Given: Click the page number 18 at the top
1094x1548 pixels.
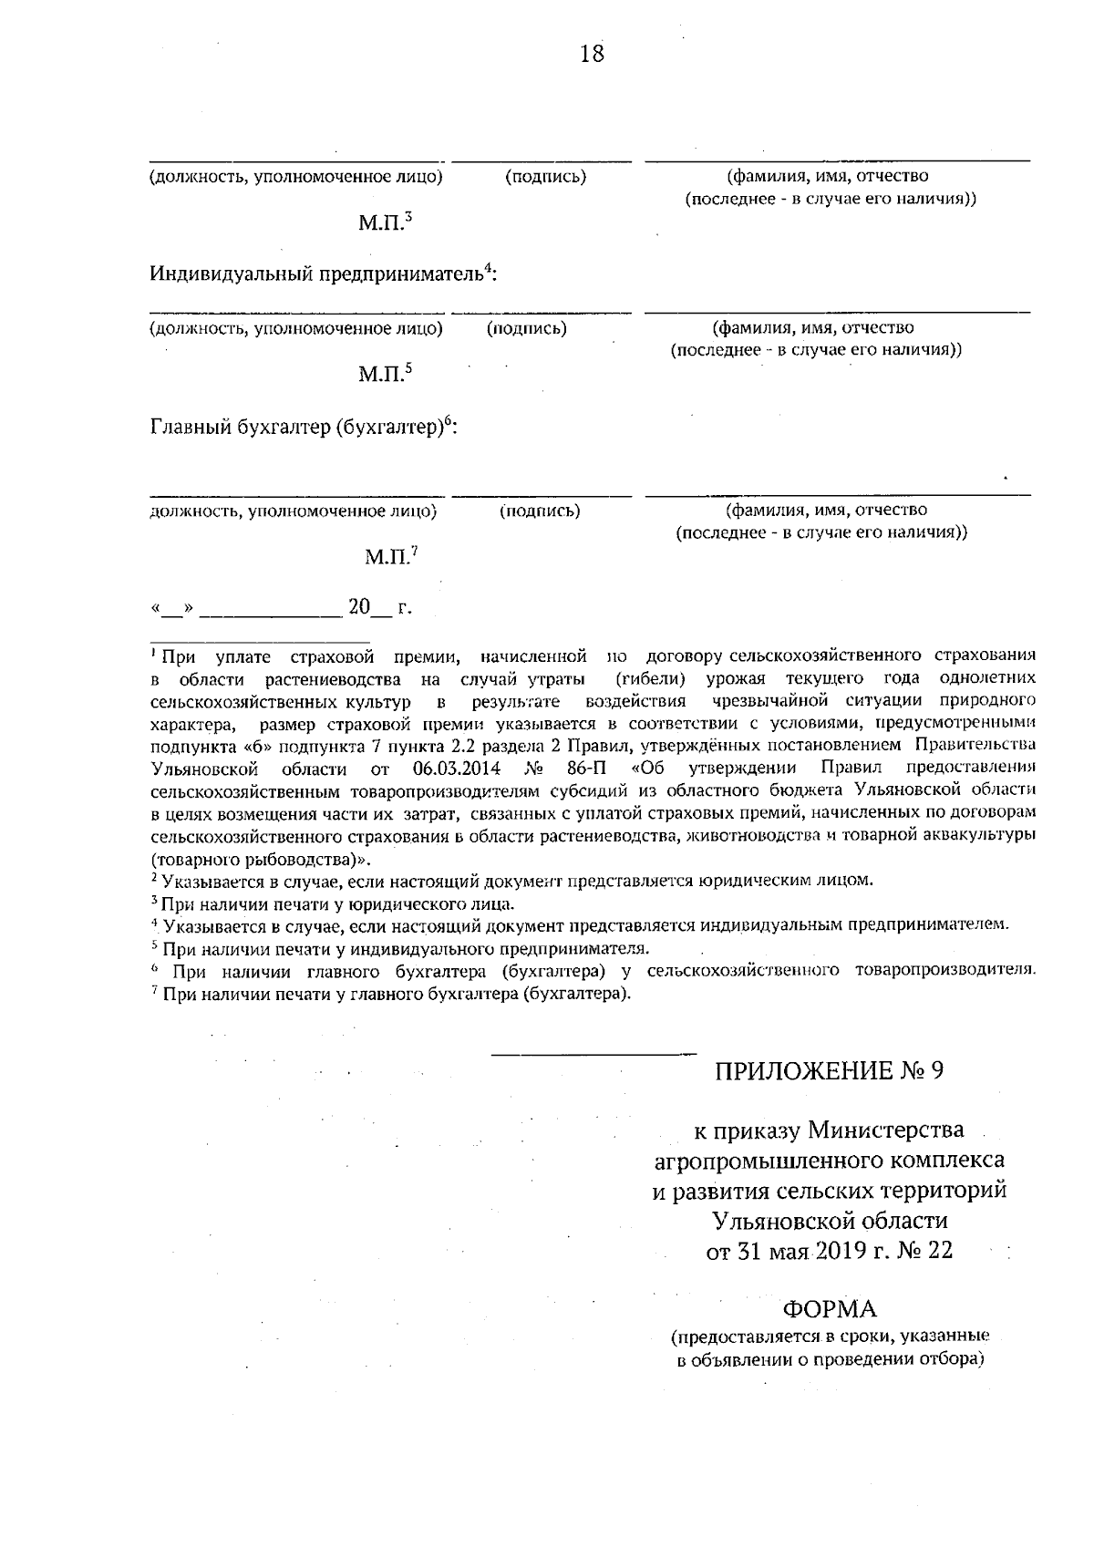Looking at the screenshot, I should (x=592, y=54).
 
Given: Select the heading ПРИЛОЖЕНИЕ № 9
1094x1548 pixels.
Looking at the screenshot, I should (x=829, y=1070).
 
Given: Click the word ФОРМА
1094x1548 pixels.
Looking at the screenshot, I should (x=830, y=1309).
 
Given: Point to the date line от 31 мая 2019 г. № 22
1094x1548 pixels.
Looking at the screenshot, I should (x=830, y=1250).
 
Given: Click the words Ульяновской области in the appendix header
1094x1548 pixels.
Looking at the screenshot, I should (x=830, y=1220).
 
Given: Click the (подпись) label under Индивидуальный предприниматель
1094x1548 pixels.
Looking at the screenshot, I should (x=527, y=328).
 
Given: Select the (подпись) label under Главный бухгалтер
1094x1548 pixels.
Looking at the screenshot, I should (x=540, y=511).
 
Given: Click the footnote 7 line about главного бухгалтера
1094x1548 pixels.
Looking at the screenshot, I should (x=392, y=994).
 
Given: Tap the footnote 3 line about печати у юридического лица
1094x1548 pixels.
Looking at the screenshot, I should (x=334, y=904).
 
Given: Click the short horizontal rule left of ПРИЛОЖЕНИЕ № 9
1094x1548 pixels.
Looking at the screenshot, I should (x=593, y=1054).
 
